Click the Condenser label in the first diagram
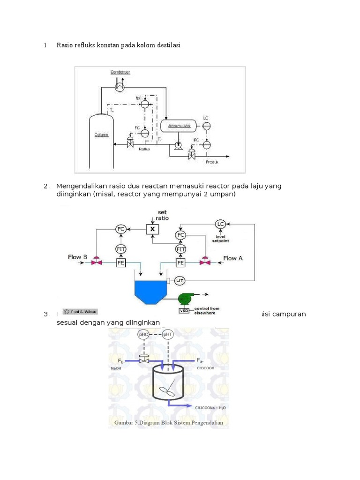(120, 72)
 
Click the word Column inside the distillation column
(101, 135)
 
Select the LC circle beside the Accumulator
(206, 126)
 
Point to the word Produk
(212, 162)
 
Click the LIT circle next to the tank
(180, 280)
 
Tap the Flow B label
(77, 257)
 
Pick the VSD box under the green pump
(184, 311)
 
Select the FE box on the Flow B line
(121, 262)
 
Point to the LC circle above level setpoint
(220, 224)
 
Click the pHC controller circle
(144, 335)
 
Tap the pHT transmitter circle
(167, 335)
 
